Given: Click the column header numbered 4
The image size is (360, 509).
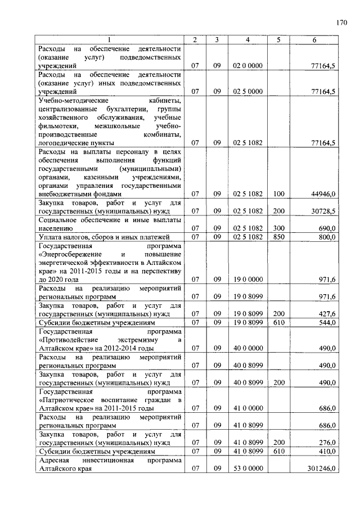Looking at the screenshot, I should pos(247,39).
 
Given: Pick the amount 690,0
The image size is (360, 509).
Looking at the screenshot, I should pos(327,229).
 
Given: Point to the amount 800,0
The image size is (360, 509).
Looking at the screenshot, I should pos(327,237).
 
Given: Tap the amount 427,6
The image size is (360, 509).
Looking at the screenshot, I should pos(327,314).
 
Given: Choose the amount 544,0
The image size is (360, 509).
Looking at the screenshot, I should pos(327,323).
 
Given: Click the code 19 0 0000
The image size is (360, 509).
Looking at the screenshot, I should pos(247,279).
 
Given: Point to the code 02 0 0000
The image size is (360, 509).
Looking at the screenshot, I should pos(247,66).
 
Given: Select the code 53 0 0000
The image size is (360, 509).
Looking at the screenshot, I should pos(247,468).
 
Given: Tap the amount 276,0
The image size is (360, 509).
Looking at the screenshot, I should pos(327,443).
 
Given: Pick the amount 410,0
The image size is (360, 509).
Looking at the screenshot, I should pos(327,451).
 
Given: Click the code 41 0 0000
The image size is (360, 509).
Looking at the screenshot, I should pos(247,408).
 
